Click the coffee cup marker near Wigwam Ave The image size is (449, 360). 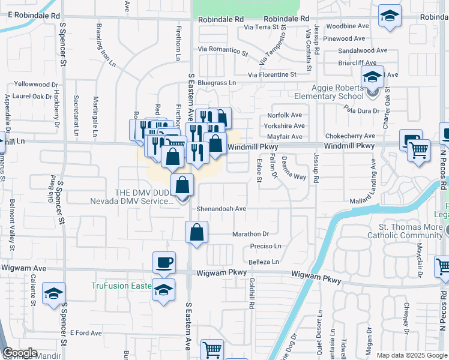click(164, 263)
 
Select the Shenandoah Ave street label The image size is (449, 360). click(221, 209)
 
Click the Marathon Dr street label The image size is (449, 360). click(250, 233)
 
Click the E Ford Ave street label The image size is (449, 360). click(86, 332)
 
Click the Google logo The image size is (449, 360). click(20, 353)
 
